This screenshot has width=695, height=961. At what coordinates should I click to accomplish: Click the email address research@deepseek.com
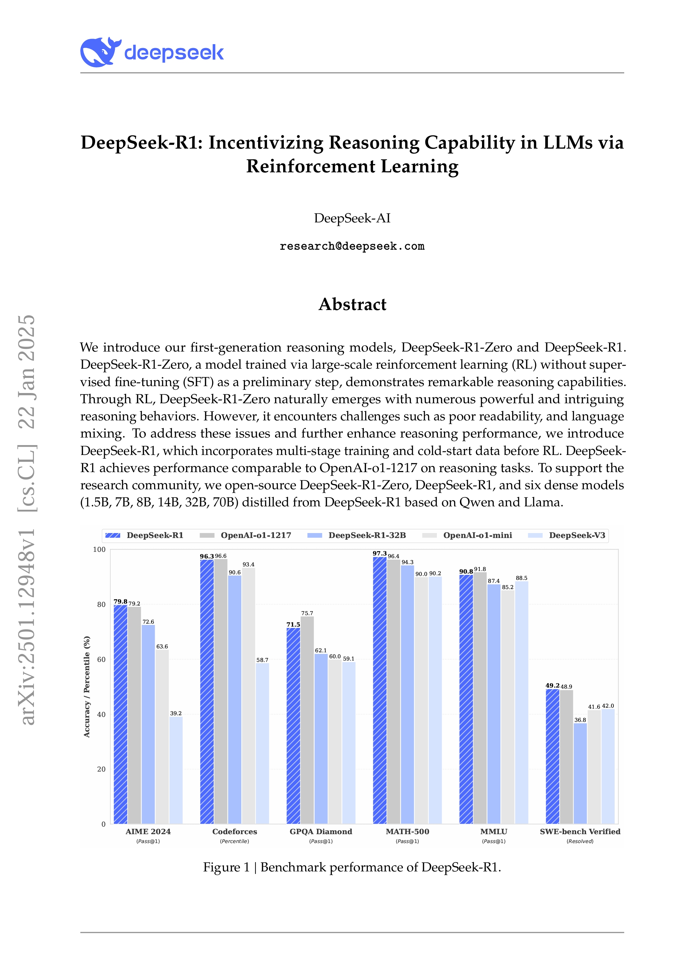(352, 246)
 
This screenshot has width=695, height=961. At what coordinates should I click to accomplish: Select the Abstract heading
(352, 304)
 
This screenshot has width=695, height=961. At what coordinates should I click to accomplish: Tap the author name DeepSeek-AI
(352, 218)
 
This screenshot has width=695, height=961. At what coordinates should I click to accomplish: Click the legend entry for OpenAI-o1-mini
(477, 535)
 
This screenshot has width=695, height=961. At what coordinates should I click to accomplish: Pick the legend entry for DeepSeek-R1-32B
(367, 535)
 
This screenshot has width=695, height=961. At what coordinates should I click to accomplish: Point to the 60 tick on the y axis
(101, 659)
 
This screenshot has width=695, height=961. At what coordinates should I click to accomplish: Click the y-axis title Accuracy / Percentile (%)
(87, 687)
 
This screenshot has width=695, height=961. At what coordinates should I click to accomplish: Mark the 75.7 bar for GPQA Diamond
(307, 720)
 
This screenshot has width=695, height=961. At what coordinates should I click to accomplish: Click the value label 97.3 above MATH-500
(380, 553)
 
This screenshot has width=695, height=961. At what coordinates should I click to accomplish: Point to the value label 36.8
(580, 720)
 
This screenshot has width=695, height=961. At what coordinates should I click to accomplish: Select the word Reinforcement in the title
(310, 166)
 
